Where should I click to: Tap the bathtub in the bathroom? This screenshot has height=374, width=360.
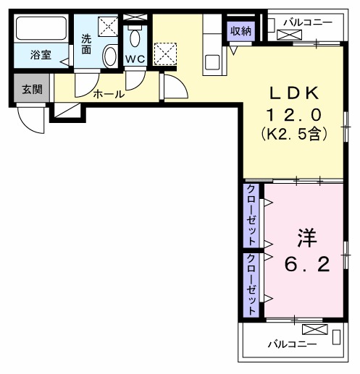[41, 31]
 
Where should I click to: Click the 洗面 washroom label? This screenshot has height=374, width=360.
[86, 44]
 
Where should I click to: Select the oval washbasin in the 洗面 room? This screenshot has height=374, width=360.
[109, 56]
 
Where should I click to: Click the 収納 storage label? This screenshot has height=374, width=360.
[240, 30]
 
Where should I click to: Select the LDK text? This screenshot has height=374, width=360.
[294, 93]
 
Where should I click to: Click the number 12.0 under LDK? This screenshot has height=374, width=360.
[294, 114]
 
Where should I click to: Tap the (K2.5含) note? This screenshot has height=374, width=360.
[294, 134]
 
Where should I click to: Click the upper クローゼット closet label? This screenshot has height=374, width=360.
[251, 215]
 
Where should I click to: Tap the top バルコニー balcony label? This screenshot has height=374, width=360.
[308, 22]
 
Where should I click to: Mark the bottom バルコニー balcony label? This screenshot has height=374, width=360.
[291, 344]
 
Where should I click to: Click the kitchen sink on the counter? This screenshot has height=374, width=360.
[212, 61]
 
